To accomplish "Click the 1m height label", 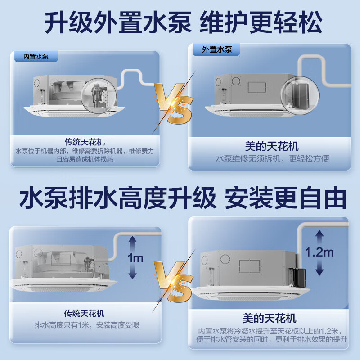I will pos(135,258).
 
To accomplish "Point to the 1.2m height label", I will pos(319,252).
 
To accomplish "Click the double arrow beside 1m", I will pos(133,258).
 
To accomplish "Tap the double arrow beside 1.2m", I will pos(319,252).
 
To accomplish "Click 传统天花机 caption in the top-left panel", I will pos(85,141).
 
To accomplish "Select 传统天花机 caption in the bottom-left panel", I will pos(85,313).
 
